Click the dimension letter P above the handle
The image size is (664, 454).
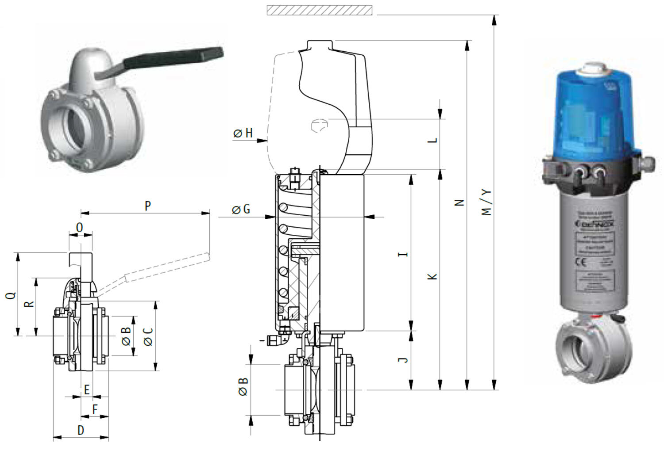coord(148,206)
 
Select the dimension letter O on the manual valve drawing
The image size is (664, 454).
coord(80,227)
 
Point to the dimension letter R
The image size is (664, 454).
coord(29,304)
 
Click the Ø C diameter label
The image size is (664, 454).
coord(148,336)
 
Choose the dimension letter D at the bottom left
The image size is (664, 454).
coord(81,430)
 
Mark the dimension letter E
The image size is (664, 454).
coord(87,389)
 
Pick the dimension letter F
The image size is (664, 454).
coord(95,410)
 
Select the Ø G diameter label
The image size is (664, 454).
coord(241,209)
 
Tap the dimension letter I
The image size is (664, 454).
coord(403,254)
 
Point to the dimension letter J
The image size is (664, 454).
coord(403,360)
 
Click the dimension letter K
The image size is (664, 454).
coord(432,277)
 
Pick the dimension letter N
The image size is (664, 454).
coord(459,203)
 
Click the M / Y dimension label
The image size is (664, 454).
coord(486,202)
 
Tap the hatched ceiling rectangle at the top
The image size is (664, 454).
coord(319,10)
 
